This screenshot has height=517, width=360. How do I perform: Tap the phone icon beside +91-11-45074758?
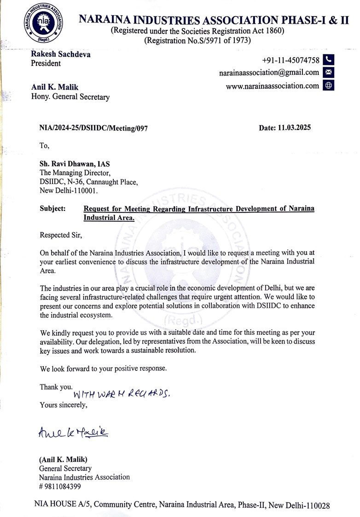329,60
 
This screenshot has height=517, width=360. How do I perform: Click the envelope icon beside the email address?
329,73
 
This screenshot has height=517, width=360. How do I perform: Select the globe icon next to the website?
329,86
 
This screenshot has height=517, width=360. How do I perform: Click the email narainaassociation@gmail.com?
269,73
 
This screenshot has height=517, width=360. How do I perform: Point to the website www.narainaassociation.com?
273,86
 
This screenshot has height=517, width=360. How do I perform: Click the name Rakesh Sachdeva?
60,54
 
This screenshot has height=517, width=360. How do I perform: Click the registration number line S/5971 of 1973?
197,40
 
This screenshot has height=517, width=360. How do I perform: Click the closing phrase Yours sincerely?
63,405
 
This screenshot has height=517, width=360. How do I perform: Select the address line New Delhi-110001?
69,190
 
